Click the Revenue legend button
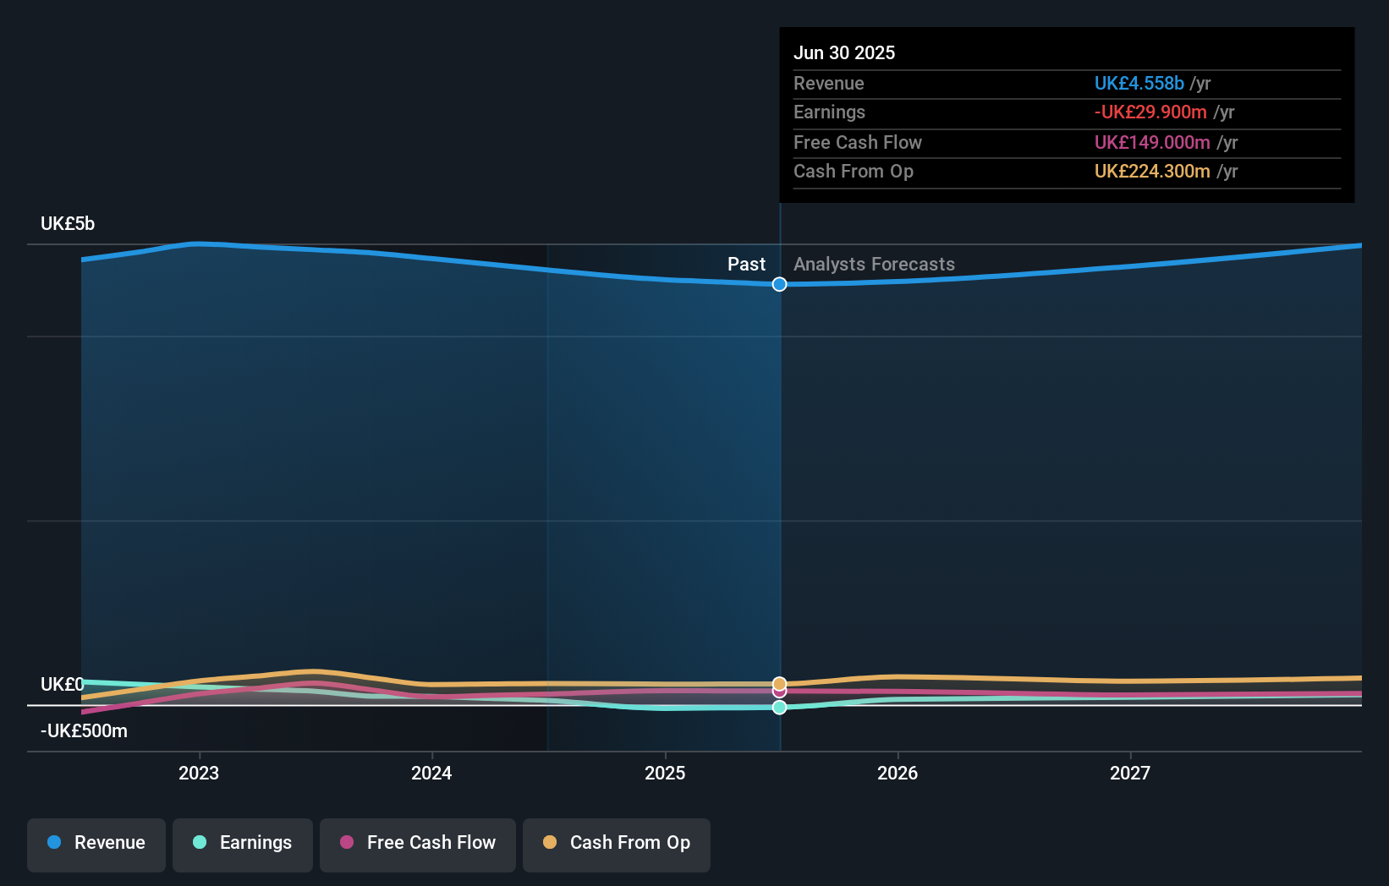(96, 844)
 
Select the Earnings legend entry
(243, 844)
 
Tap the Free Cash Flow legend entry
(418, 844)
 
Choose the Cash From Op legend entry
(617, 844)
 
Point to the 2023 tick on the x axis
(199, 773)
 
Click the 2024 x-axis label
(431, 773)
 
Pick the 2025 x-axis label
(665, 773)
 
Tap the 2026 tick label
(898, 773)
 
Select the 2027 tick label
(1130, 773)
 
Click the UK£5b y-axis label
(68, 224)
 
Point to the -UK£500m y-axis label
(84, 731)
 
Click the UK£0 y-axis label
(62, 685)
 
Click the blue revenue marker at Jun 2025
(780, 284)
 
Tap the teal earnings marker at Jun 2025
(780, 708)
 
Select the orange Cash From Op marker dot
(780, 683)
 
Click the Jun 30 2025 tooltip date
(844, 53)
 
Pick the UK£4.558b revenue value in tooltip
(1139, 84)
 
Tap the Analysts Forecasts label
(874, 265)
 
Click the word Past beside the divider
(746, 265)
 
